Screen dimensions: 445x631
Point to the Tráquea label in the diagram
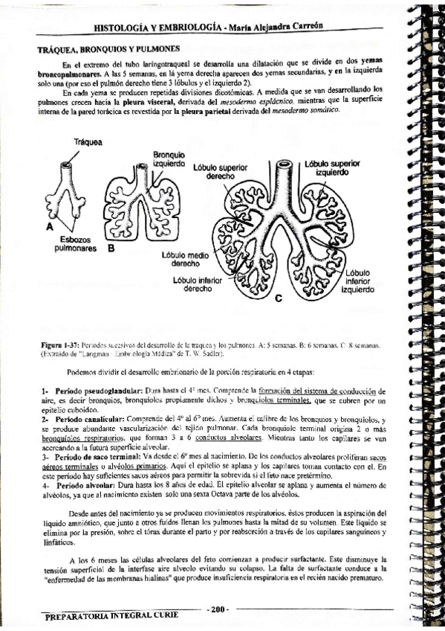pos(88,142)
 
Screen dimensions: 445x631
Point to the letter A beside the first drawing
pos(50,225)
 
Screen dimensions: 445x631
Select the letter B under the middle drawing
pos(111,249)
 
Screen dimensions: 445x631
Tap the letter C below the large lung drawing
pos(278,299)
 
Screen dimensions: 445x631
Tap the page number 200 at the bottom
pos(218,609)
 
